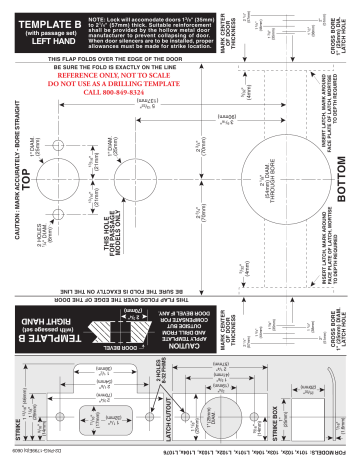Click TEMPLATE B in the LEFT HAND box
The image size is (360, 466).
pyautogui.click(x=44, y=19)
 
